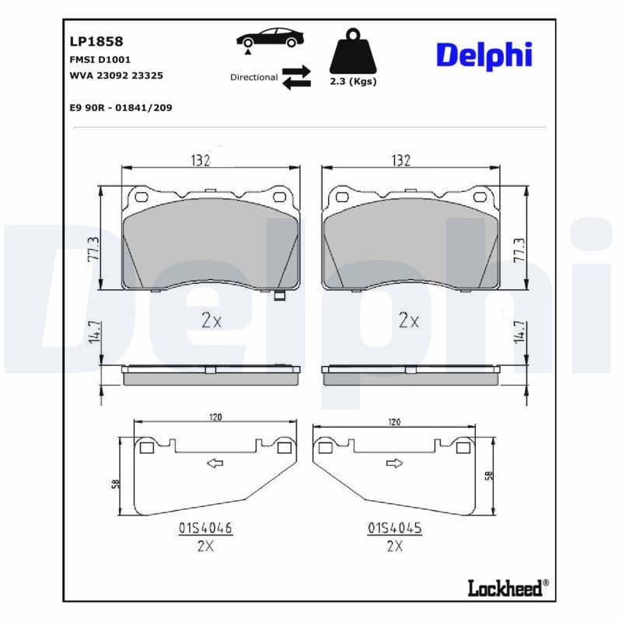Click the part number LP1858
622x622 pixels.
[91, 41]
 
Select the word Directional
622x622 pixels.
[253, 77]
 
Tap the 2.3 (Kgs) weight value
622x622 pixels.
[353, 82]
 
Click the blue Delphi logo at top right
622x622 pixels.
[484, 55]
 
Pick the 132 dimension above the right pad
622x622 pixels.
[400, 159]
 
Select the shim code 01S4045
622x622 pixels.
[394, 528]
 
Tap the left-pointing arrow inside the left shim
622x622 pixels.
[214, 463]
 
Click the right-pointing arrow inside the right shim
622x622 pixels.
[394, 464]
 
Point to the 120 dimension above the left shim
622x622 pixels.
[215, 418]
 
